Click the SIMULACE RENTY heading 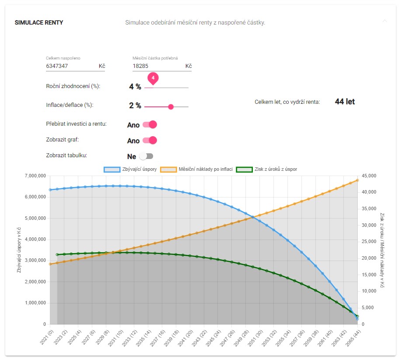pos(39,22)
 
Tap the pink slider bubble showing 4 pos(153,78)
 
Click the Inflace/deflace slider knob pos(171,106)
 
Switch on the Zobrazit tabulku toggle pos(146,156)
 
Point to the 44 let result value pos(345,102)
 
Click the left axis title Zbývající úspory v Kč pos(19,250)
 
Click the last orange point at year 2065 pos(357,180)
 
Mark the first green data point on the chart pos(57,254)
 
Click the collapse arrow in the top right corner pos(385,21)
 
